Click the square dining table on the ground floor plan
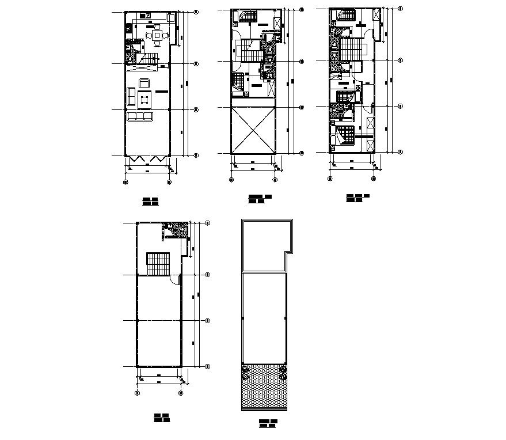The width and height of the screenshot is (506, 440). coord(157,35)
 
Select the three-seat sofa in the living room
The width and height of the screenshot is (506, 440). coord(140,116)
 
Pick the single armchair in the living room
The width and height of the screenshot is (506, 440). coord(144,82)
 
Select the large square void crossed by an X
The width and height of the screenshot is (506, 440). coord(253,131)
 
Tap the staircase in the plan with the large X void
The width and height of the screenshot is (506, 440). coord(251,52)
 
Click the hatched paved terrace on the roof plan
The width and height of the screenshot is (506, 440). coord(264,386)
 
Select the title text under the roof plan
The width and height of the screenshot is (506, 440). coord(268,424)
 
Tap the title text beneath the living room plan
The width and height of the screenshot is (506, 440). coord(151,202)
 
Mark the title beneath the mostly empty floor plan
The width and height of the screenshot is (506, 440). coord(161,418)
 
